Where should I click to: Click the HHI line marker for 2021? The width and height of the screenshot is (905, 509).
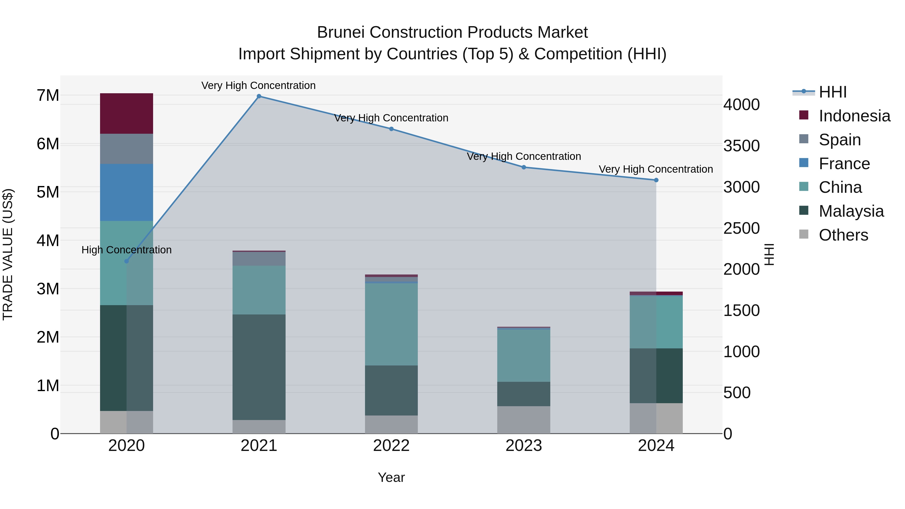coord(259,96)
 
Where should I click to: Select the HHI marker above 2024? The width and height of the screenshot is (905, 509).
coord(656,180)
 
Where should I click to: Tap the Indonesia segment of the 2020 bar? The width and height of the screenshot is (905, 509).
coord(126,113)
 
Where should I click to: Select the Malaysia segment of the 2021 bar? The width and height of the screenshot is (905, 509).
coord(259,367)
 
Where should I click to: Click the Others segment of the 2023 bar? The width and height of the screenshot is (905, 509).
coord(523,420)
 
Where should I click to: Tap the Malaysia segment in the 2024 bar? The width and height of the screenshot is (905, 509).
coord(656,376)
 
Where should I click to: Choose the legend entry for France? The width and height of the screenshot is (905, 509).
coord(844,164)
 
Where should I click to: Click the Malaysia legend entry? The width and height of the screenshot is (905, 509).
coord(851,211)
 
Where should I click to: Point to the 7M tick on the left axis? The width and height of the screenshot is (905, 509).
coord(48,96)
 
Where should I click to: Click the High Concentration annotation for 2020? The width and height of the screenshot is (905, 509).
coord(126,250)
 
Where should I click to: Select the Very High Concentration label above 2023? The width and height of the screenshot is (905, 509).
coord(523,156)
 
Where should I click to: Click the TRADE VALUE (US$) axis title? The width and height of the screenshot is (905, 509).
coord(8,254)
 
